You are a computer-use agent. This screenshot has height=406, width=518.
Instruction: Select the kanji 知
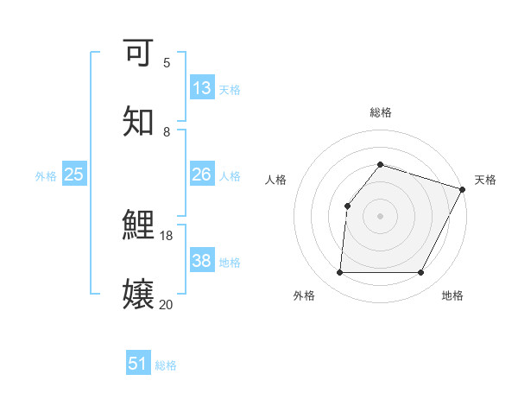pos(138,122)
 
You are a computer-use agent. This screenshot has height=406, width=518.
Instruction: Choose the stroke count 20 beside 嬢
pos(167,304)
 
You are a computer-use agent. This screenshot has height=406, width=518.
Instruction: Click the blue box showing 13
pos(202,88)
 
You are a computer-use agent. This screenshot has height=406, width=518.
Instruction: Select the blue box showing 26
pos(202,174)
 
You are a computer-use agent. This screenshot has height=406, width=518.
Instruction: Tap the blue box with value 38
pos(202,261)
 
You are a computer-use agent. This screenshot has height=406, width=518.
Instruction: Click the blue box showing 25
pos(74,174)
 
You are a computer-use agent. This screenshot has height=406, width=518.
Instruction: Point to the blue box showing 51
pos(138,364)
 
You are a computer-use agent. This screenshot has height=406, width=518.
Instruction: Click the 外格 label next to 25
pos(46,176)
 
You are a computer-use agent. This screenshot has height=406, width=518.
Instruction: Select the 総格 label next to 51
pos(166,365)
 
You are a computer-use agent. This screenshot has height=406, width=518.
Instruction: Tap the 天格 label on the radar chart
pos(485,180)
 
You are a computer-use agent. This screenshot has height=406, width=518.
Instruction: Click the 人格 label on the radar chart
pos(275,180)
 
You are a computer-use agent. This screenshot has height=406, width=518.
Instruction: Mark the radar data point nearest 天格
pos(463,189)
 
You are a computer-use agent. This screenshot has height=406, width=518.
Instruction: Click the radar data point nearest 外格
pos(339,273)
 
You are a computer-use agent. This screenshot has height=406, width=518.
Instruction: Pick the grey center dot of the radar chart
pos(380,216)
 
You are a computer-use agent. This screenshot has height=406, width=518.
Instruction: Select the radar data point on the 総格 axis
pos(380,164)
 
